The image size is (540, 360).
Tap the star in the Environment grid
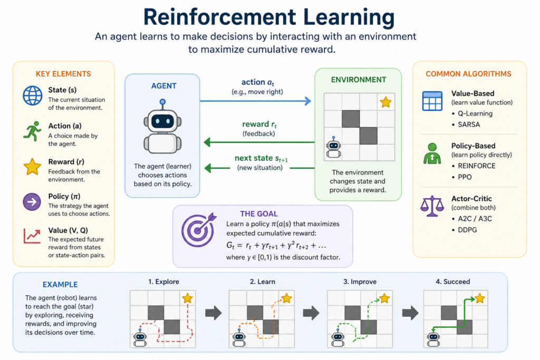tap(385, 102)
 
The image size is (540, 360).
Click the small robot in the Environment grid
tap(333, 149)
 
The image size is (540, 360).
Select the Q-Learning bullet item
tap(470, 113)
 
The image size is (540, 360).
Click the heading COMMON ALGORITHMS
tap(469, 74)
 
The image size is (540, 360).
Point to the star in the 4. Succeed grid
tap(479, 299)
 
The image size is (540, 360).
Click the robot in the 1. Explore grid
tap(140, 339)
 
